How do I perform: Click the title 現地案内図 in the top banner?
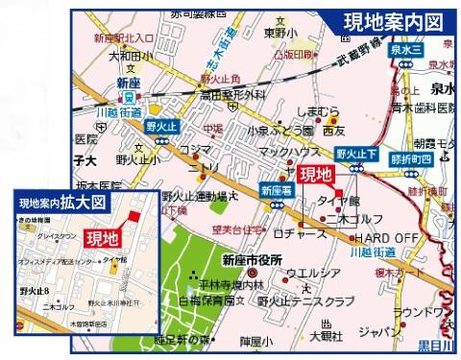[x=394, y=20]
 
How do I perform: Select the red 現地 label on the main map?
[x=315, y=174]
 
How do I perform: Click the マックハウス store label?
[x=285, y=152]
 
